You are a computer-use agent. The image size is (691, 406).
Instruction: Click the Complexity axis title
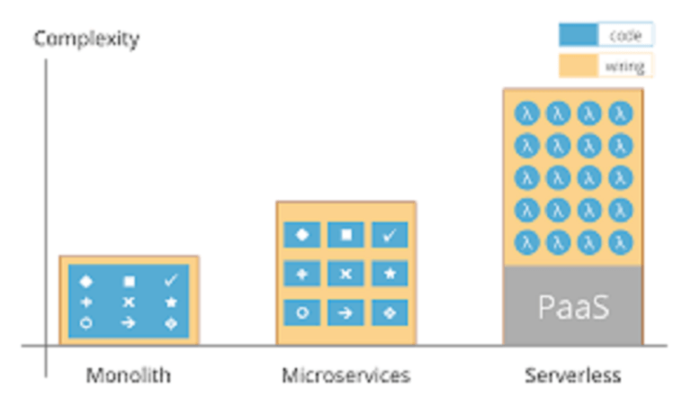(x=86, y=39)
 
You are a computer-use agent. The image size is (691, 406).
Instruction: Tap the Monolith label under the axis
(x=129, y=374)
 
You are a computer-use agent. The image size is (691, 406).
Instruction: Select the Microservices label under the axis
(x=345, y=374)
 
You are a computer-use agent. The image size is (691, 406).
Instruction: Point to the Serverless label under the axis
(x=573, y=374)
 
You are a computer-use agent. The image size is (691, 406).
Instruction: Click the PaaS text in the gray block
(x=573, y=307)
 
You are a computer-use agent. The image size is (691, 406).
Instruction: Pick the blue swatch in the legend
(x=578, y=35)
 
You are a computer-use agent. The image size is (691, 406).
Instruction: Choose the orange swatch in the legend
(x=578, y=66)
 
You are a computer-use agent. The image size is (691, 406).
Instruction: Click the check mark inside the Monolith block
(x=171, y=281)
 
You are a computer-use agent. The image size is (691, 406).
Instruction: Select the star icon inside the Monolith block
(x=171, y=302)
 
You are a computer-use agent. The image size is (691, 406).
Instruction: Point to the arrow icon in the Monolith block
(x=129, y=322)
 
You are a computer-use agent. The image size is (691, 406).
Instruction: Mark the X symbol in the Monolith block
(x=129, y=302)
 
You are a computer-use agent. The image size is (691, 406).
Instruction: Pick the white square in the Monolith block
(x=129, y=281)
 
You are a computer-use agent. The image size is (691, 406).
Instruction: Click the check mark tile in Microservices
(x=390, y=234)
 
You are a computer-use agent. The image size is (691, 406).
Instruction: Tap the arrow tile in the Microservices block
(x=346, y=312)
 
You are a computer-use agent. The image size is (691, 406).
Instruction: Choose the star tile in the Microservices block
(x=390, y=274)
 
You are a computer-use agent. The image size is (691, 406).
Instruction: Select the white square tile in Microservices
(x=346, y=234)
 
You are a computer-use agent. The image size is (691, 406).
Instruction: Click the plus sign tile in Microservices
(x=302, y=274)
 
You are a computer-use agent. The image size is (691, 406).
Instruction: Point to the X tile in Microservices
(x=346, y=274)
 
